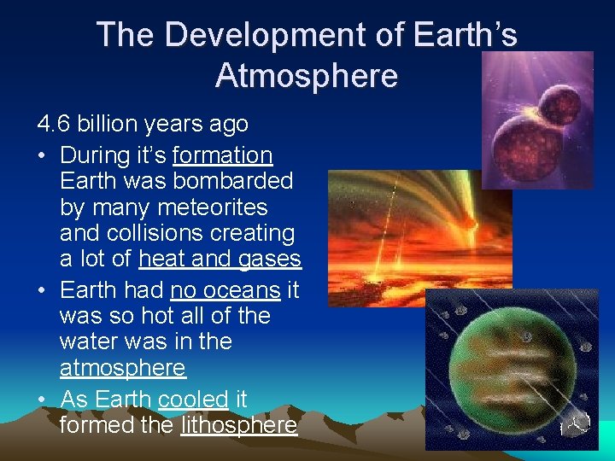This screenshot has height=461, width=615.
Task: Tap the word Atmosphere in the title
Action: click(x=307, y=75)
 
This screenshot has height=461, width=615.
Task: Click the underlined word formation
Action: click(x=222, y=155)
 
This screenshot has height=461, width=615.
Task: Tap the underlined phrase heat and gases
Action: click(x=220, y=259)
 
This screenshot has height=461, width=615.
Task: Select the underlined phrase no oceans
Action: click(x=225, y=290)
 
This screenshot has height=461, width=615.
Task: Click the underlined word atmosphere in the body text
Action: click(x=122, y=368)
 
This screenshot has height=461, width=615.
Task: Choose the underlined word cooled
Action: click(x=193, y=399)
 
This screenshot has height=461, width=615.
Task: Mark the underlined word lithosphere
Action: click(x=238, y=424)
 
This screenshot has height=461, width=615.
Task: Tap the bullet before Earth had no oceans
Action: click(x=43, y=290)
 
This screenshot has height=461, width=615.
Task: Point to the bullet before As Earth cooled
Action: click(x=43, y=399)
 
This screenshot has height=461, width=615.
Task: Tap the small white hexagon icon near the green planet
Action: click(x=578, y=422)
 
